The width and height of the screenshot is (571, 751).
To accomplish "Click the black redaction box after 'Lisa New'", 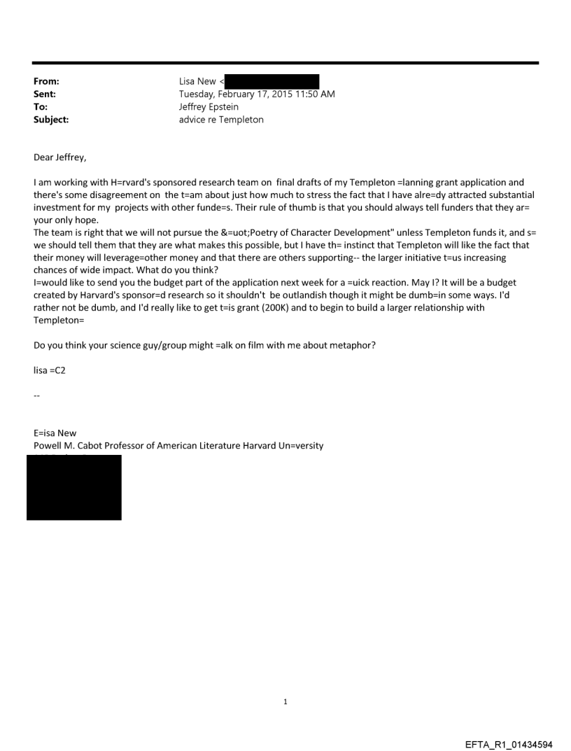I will (x=272, y=82).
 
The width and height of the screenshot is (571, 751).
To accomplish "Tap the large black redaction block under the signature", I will (x=74, y=487).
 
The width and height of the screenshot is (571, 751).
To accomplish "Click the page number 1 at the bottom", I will (x=285, y=701).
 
